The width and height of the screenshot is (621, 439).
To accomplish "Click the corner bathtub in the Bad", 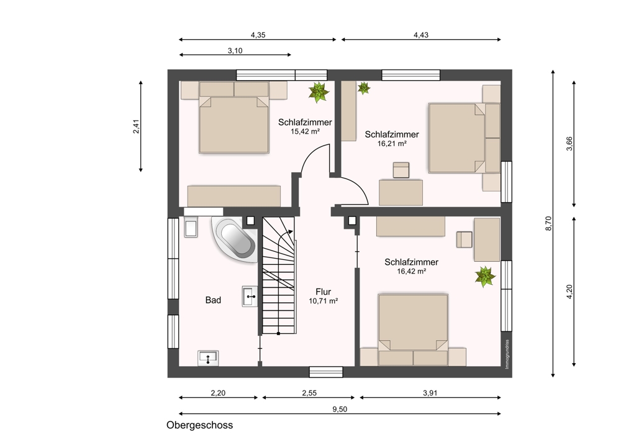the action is tap(235, 239).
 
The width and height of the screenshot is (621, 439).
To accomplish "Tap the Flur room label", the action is tap(323, 292).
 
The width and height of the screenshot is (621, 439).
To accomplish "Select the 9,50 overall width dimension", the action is tap(340, 409).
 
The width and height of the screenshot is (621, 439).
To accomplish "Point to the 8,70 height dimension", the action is tap(548, 223).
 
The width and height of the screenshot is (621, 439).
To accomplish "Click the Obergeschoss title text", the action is tap(199, 425).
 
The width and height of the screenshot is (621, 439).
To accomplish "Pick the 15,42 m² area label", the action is tap(306, 132).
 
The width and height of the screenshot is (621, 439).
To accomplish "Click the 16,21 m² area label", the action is tap(392, 144).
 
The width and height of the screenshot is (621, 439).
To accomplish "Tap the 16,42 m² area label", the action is tap(412, 271).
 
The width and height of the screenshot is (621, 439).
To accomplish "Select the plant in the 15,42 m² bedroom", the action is tap(319, 92).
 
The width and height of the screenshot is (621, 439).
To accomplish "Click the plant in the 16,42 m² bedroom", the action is tap(485, 277).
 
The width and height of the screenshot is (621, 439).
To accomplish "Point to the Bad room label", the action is tap(213, 300).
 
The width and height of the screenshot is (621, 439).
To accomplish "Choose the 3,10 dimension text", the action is tap(235, 50).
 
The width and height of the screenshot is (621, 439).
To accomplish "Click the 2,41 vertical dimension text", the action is tap(136, 126).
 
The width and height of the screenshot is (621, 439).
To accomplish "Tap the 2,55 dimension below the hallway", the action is tap(309, 393).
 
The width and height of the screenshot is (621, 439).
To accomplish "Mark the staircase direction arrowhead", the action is tap(291, 231).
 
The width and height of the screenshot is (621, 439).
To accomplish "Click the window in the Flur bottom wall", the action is tap(326, 372).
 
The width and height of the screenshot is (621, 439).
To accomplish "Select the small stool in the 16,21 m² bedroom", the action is tap(401, 170).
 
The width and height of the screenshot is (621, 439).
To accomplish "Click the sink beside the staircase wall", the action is tap(250, 296).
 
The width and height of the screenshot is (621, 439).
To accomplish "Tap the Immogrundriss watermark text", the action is tap(507, 354).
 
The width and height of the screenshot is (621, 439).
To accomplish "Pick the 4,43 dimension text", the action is tap(421, 35).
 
